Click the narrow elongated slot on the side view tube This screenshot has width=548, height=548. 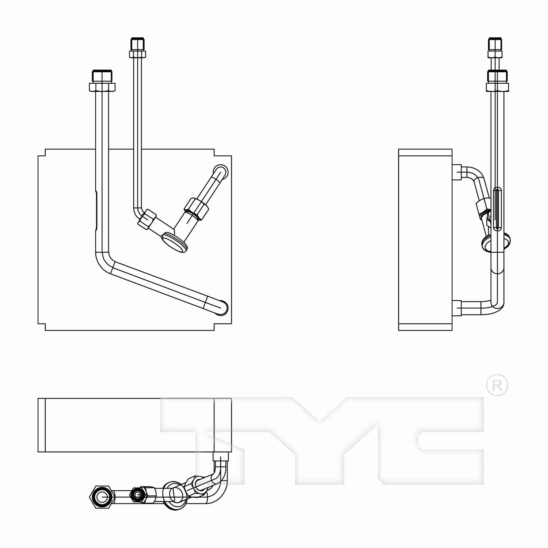click(x=497, y=208)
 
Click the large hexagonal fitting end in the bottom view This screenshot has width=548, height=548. click(x=101, y=497)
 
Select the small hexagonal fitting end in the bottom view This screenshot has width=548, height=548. click(x=137, y=495)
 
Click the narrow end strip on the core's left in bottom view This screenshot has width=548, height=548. click(x=42, y=425)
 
